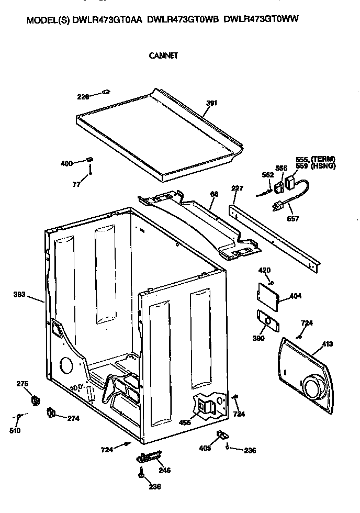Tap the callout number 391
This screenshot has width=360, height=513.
click(x=211, y=103)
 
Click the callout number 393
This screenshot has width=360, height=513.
click(x=19, y=294)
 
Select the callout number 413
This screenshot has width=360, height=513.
click(x=328, y=344)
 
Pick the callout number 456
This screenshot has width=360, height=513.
click(x=184, y=423)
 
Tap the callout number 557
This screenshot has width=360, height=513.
click(x=293, y=219)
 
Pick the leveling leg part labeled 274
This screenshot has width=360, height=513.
click(x=51, y=413)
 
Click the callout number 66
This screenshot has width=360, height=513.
click(x=213, y=194)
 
